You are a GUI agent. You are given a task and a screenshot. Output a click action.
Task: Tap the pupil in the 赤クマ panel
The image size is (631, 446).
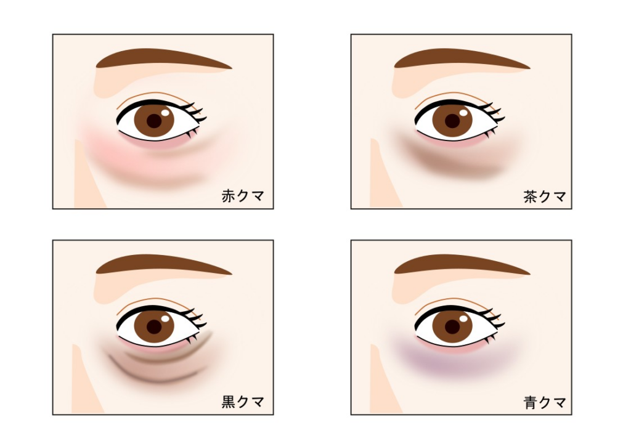pos(153,121)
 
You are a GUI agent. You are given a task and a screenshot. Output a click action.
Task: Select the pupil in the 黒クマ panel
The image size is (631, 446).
pos(153,327)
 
